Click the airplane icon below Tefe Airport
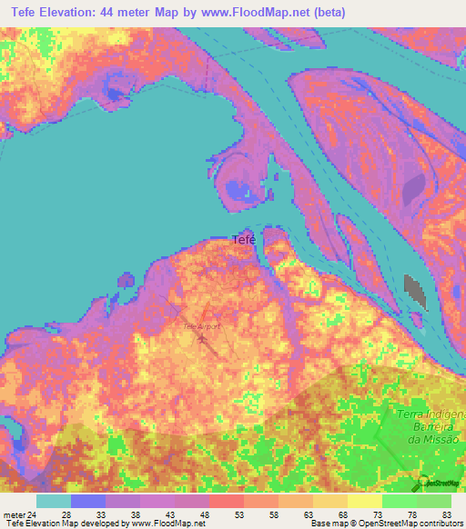click(x=201, y=341)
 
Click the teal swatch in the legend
click(x=53, y=501)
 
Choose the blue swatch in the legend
click(x=87, y=501)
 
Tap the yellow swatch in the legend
click(x=364, y=501)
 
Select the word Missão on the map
click(x=440, y=439)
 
